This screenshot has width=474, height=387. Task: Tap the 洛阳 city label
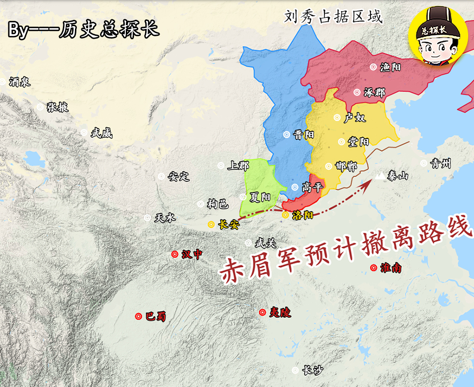[303, 215]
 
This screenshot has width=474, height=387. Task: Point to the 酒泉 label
[20, 82]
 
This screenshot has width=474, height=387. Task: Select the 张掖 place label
[58, 107]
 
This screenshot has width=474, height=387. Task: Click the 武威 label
[101, 133]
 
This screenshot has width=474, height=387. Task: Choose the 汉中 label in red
[192, 254]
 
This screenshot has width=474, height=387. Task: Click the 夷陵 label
[280, 313]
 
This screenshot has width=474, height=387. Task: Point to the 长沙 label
[312, 371]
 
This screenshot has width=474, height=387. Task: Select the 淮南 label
[391, 268]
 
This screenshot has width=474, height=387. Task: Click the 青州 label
[441, 164]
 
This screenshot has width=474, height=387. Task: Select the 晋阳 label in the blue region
[304, 135]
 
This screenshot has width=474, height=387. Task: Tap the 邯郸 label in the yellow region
[346, 166]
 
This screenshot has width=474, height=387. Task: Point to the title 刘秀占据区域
[333, 17]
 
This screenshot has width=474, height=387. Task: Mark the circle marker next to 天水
[148, 218]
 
